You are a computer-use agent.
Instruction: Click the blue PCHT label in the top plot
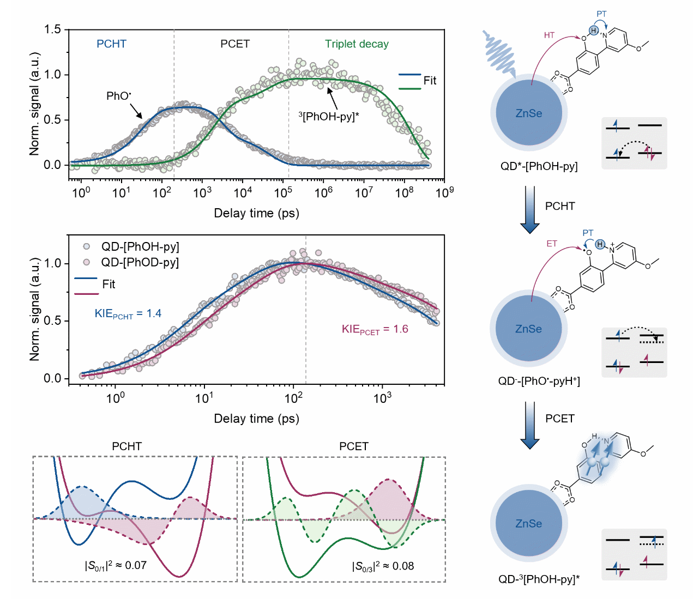tap(111, 44)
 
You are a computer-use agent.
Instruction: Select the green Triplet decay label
tap(357, 44)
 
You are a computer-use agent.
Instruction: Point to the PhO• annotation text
tap(118, 96)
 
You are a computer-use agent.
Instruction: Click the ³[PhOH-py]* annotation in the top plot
tap(328, 116)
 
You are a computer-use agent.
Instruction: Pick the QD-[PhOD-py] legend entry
tap(140, 263)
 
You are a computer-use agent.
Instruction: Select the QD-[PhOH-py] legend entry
tap(140, 246)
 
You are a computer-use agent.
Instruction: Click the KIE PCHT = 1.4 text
tap(128, 313)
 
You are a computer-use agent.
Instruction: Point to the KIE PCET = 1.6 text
tap(375, 329)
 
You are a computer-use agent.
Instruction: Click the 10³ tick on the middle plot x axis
tap(382, 398)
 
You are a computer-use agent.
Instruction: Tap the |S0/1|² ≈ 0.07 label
tap(116, 565)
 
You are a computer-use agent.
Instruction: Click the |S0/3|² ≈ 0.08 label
tap(383, 566)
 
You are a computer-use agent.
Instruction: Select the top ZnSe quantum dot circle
tap(529, 113)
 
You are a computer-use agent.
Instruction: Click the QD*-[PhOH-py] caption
tap(539, 166)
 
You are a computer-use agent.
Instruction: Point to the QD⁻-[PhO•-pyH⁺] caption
tap(539, 381)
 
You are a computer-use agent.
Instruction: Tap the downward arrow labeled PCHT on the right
tap(529, 209)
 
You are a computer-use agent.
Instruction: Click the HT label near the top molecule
tap(549, 35)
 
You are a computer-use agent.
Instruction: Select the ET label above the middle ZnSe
tap(552, 244)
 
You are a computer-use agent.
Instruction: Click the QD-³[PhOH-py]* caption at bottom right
tap(539, 579)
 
